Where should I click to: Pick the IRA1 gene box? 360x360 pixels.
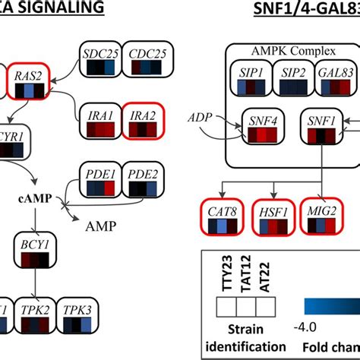coord(100,123)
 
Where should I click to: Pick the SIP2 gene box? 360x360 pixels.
coord(292,80)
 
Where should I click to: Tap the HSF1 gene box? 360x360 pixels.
coord(271,217)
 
